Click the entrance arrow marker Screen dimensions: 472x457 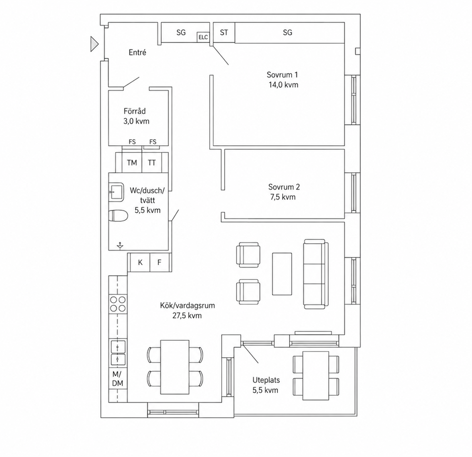[94, 44]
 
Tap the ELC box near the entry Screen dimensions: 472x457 [203, 37]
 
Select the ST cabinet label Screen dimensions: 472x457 [224, 32]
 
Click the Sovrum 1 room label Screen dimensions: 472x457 [282, 75]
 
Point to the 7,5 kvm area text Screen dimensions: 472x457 [283, 197]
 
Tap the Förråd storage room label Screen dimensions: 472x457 [135, 111]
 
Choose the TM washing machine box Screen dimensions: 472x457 [132, 162]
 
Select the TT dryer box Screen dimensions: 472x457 [152, 162]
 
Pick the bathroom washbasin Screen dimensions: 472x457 [116, 192]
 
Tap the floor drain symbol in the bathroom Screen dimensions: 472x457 [120, 246]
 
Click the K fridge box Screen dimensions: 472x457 [140, 262]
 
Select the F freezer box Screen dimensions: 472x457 [159, 262]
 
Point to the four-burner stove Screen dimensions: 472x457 [118, 304]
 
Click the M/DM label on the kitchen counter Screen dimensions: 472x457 [118, 379]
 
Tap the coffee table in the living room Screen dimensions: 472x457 [282, 274]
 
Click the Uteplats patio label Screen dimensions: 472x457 [266, 380]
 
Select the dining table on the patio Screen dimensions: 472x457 [316, 376]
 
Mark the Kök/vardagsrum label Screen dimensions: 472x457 [187, 305]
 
